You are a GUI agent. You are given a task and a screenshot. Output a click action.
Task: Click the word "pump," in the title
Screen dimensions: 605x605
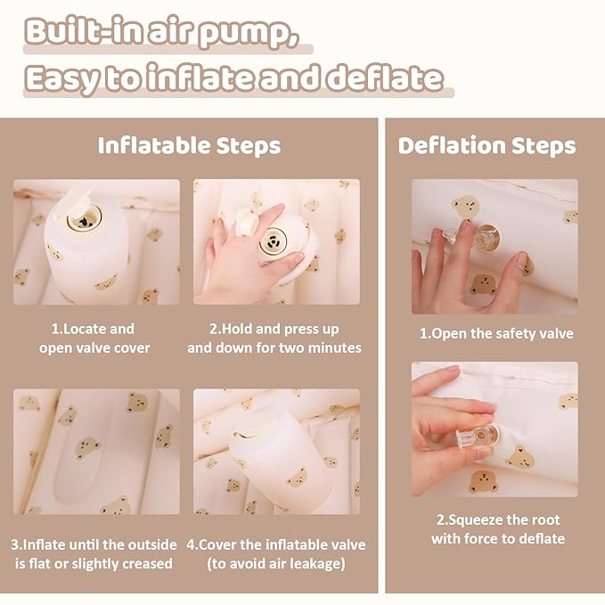(249, 34)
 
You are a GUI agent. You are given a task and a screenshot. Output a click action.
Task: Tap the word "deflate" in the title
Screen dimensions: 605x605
(385, 78)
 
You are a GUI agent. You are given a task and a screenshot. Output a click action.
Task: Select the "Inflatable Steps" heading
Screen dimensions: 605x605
(189, 146)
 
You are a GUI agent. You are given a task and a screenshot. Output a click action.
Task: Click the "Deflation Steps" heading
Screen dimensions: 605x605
(486, 146)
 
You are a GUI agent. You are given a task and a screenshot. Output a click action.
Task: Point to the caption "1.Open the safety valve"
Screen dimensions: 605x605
(496, 334)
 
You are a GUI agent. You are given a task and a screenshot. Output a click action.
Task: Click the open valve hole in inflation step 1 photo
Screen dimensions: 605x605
(85, 220)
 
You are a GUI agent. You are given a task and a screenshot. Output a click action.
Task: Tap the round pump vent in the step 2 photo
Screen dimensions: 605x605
(274, 241)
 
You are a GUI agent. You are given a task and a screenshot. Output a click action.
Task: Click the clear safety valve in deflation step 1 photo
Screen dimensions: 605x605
(478, 237)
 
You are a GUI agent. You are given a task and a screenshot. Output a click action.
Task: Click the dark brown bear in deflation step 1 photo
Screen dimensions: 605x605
(483, 285)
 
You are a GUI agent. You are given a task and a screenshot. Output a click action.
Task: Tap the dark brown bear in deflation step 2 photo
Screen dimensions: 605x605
(484, 481)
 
